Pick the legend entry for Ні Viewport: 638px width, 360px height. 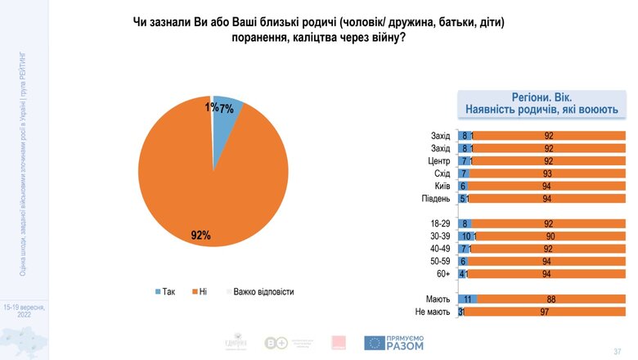tap(199, 291)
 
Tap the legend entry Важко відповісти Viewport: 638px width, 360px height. tap(258, 291)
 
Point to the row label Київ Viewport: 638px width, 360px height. tap(440, 186)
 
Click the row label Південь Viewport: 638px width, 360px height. tap(434, 198)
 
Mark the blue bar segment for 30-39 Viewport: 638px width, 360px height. tap(466, 236)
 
